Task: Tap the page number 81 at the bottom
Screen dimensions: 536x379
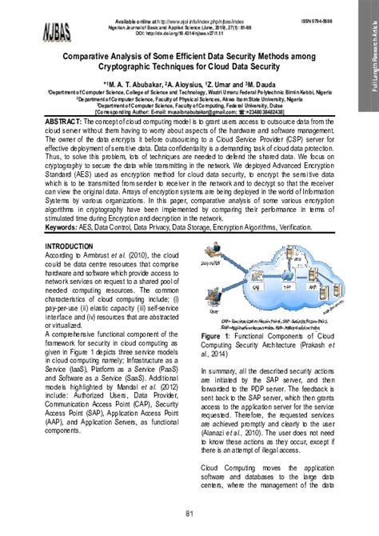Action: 189,512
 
